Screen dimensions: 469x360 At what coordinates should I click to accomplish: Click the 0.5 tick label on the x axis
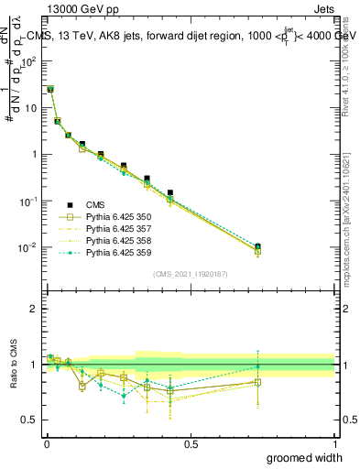(x=191, y=443)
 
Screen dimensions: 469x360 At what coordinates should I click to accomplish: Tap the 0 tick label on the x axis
(x=46, y=443)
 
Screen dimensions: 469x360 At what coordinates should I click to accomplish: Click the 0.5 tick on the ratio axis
(x=31, y=420)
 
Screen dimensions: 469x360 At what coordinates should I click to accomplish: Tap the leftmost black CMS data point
(x=50, y=89)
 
